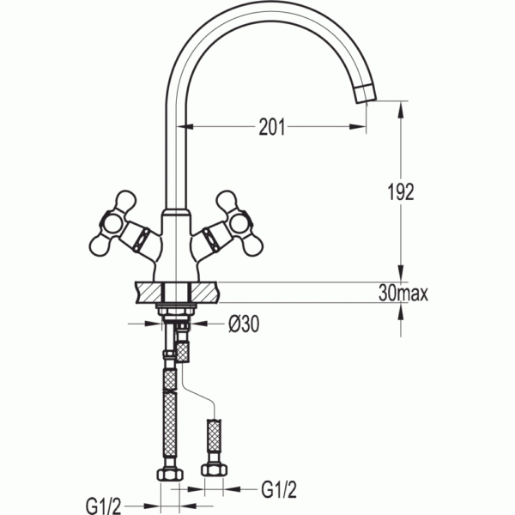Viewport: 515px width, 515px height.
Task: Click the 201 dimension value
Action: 272,127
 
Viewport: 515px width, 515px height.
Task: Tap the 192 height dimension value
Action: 401,191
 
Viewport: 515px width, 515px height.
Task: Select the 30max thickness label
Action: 403,293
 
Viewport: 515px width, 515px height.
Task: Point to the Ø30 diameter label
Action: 244,324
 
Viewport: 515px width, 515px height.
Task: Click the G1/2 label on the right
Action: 279,490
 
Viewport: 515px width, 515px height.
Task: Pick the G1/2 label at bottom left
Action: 104,506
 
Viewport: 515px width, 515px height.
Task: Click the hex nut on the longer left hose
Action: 170,475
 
